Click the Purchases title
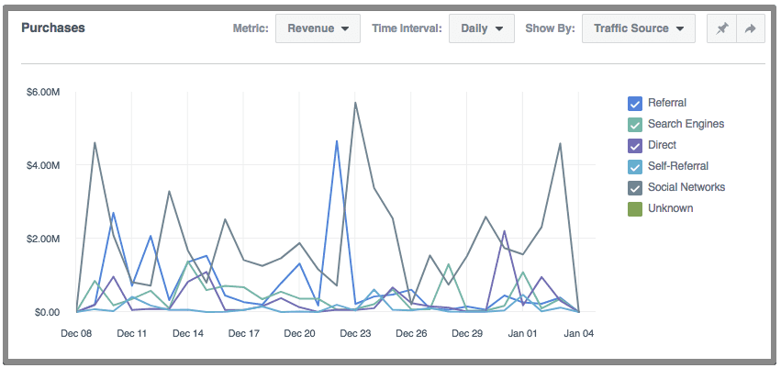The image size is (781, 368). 53,28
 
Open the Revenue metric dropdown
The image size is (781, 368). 318,28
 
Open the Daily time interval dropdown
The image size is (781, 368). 481,28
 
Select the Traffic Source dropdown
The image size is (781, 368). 638,28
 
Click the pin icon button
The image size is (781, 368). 722,28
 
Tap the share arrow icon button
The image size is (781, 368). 750,28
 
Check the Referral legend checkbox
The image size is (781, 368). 634,104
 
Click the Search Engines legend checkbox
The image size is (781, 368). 634,125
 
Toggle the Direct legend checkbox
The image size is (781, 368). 634,146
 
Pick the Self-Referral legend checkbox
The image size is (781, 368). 634,167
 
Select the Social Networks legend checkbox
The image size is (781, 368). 634,188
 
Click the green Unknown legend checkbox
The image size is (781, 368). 634,209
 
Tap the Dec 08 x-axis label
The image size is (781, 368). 76,334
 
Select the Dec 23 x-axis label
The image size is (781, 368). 355,334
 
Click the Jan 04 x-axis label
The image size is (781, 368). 578,334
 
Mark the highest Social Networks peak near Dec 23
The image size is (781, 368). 355,102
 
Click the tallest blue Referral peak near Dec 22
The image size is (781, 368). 337,140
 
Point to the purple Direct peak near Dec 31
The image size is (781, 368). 504,230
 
